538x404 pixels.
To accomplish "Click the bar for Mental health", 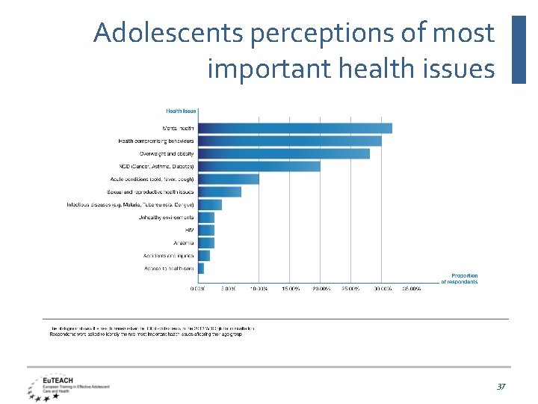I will (295, 128).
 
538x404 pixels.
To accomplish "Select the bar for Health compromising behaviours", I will (290, 141).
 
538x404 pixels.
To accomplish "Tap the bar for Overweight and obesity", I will (284, 153).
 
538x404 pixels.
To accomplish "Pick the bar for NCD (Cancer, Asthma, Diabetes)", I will (259, 166).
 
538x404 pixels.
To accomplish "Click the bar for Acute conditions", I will (229, 179).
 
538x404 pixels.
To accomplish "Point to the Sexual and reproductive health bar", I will (220, 192).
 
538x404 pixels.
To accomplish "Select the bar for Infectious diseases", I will (210, 204).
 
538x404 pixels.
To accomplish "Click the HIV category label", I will (189, 230).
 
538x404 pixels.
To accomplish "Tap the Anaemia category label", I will (184, 243).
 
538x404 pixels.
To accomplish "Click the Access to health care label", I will (169, 268).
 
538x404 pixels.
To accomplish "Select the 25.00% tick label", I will (350, 288).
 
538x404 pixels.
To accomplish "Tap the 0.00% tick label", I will (198, 288).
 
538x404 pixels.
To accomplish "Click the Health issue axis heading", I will (180, 111).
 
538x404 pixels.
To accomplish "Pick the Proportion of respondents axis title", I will (460, 279).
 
